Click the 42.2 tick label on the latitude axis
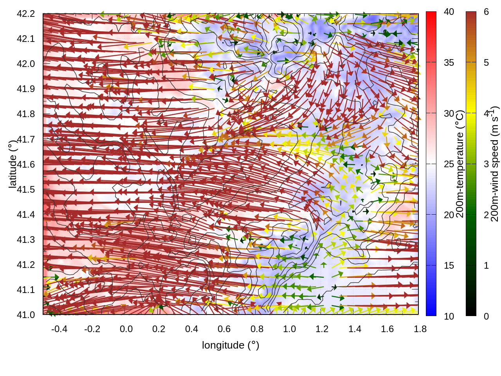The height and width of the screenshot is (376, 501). point(26,14)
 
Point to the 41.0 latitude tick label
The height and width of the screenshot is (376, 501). point(26,315)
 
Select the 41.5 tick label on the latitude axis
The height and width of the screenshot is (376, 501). point(26,190)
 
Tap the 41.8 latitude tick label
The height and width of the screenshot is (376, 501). point(26,114)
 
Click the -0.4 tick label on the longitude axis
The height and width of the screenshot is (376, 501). point(59,329)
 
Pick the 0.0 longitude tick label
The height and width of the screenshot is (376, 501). point(126,329)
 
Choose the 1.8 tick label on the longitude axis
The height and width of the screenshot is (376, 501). point(420,329)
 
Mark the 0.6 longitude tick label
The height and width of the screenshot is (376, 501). point(224,329)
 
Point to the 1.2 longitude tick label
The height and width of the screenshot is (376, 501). point(322,329)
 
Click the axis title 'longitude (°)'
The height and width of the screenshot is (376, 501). point(231,345)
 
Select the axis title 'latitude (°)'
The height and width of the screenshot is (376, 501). point(13,164)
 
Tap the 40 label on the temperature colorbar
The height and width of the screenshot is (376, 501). point(449,12)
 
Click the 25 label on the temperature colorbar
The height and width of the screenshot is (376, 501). point(449,164)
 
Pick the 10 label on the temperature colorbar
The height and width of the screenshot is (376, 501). point(449,316)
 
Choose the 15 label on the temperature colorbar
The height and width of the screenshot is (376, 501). point(449,266)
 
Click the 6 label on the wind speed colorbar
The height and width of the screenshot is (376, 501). point(486,12)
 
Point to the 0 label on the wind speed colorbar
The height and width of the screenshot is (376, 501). point(486,316)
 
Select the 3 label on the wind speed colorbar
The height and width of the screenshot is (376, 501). point(486,164)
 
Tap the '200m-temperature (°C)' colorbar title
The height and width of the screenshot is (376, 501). point(460,164)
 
